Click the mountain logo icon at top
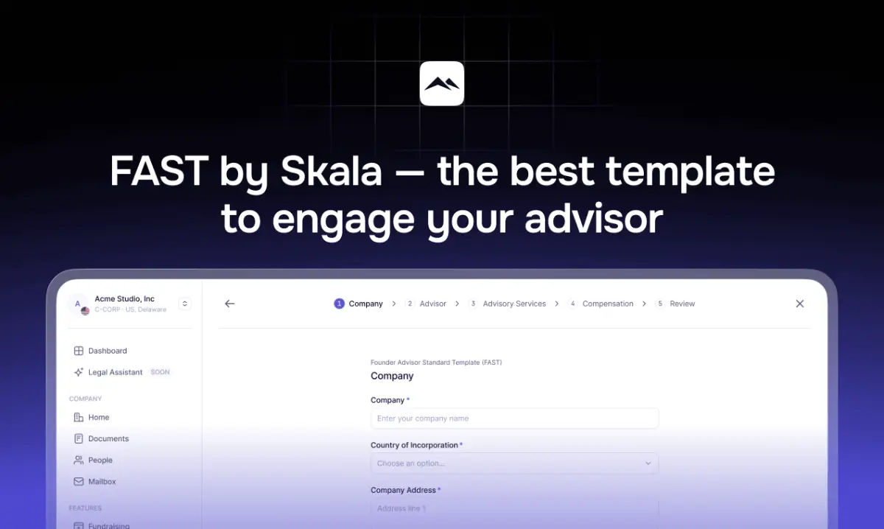tap(442, 83)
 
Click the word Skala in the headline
tap(331, 172)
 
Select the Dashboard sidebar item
tap(107, 351)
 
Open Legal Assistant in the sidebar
tap(115, 372)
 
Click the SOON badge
tap(160, 372)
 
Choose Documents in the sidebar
tap(108, 438)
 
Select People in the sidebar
tap(100, 460)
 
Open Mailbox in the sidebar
tap(102, 481)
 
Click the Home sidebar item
tap(98, 417)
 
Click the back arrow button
tap(230, 304)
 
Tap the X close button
tap(800, 304)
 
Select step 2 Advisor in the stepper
tap(432, 304)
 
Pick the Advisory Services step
tap(514, 304)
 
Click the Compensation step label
tap(608, 304)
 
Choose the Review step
tap(682, 304)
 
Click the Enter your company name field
tap(514, 418)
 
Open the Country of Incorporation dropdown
tap(514, 463)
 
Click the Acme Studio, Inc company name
tap(124, 298)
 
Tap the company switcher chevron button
tap(185, 304)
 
